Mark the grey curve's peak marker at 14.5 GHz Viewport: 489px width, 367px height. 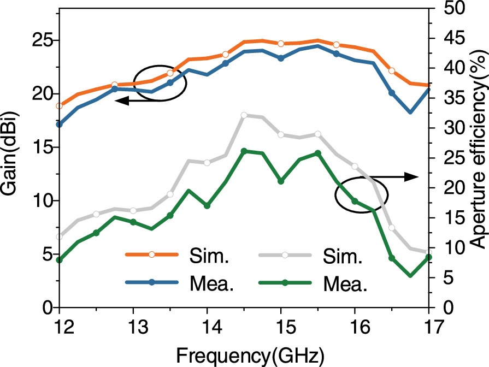pyautogui.click(x=244, y=115)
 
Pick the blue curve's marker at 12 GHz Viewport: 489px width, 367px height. pyautogui.click(x=60, y=125)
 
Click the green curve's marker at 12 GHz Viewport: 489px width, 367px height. pyautogui.click(x=60, y=260)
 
